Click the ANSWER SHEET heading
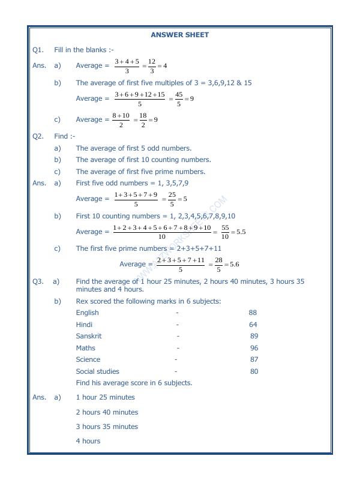coord(180,35)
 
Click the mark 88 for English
coord(253,313)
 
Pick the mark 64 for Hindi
coord(253,325)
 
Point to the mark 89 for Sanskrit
coord(254,336)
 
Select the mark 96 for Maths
coord(254,348)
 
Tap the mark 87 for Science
coord(254,359)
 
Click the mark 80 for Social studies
coord(254,371)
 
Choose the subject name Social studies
coord(97,371)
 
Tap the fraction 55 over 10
coord(226,232)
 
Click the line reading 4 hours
coord(88,441)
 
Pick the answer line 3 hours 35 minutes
coord(107,427)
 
